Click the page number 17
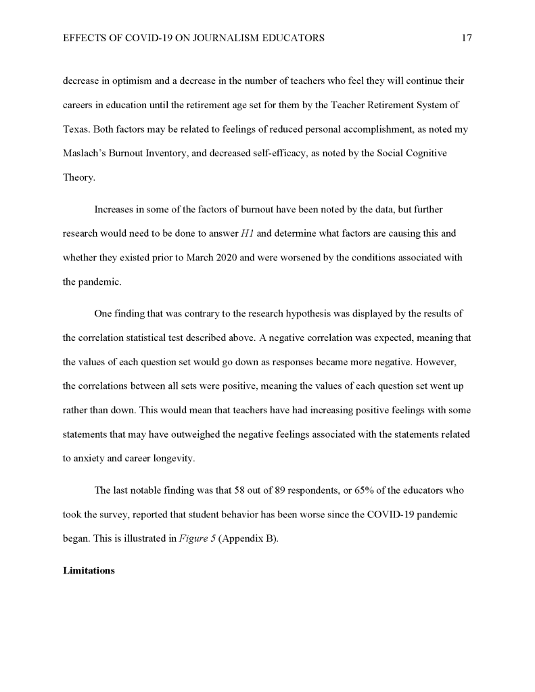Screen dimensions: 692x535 click(x=466, y=39)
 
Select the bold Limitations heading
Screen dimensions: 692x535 click(x=89, y=570)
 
